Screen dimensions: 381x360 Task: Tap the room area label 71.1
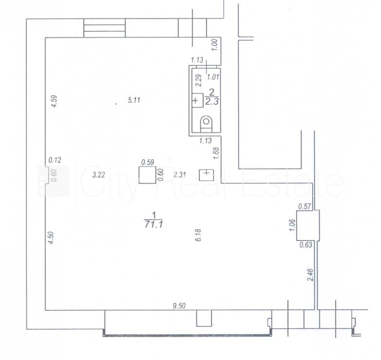(154, 224)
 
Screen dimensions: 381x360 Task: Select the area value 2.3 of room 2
(212, 101)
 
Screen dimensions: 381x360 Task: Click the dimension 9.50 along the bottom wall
(179, 306)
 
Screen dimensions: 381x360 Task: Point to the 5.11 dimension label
(134, 100)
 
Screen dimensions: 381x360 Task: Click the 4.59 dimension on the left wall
(54, 101)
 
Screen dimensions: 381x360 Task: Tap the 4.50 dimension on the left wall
(51, 238)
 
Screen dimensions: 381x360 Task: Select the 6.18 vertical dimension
(198, 235)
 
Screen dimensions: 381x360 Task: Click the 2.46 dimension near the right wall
(311, 275)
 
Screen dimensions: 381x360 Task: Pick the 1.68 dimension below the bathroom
(216, 153)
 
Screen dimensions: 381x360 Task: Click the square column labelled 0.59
(147, 175)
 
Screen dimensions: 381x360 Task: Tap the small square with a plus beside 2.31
(206, 175)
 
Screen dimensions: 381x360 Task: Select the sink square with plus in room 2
(197, 100)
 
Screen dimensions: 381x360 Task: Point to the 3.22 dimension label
(99, 175)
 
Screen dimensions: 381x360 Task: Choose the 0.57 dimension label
(305, 207)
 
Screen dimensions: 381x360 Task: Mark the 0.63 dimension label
(306, 244)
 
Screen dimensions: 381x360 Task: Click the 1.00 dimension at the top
(215, 45)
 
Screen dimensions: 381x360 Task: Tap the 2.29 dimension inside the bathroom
(199, 80)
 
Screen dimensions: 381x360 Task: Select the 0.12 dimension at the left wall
(55, 160)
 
